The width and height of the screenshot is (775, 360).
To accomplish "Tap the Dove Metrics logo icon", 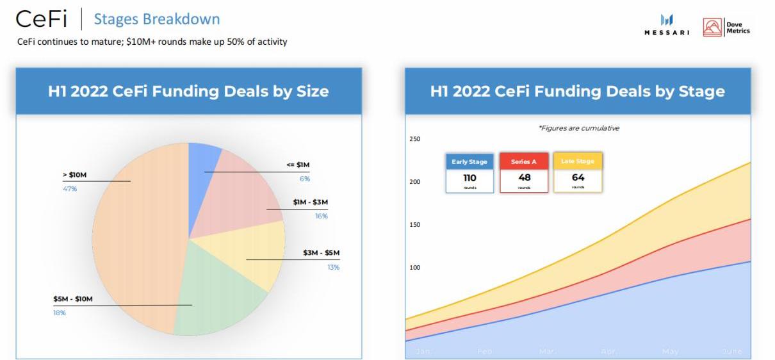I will [x=712, y=28].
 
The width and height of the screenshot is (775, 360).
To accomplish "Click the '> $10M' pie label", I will [x=74, y=175].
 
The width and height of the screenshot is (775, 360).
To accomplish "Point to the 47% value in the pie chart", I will [x=69, y=189].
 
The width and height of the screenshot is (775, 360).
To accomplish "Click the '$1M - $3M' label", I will [x=310, y=202].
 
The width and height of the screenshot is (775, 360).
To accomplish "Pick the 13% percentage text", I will [x=333, y=267].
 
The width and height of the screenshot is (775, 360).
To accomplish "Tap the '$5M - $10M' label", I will [x=73, y=299].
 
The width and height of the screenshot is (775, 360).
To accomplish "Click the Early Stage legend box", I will [x=469, y=172].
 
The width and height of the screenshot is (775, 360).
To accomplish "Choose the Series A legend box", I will [x=524, y=172].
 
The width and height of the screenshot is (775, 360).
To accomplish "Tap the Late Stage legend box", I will [x=578, y=172].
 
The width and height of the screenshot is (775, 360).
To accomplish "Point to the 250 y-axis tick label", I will [x=414, y=139].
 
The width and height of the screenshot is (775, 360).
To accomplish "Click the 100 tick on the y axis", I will [x=414, y=267].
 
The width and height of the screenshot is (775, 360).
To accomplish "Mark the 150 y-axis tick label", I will [x=414, y=225].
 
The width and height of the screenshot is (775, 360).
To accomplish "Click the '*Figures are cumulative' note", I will [x=579, y=128].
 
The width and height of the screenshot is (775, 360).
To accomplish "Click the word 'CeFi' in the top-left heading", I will [x=41, y=19].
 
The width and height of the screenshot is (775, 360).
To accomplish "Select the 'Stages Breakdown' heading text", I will [x=157, y=19].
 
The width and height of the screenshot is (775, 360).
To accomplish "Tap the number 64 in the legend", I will [x=578, y=177].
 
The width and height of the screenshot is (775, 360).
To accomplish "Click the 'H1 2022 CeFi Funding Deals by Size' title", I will [x=188, y=92].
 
